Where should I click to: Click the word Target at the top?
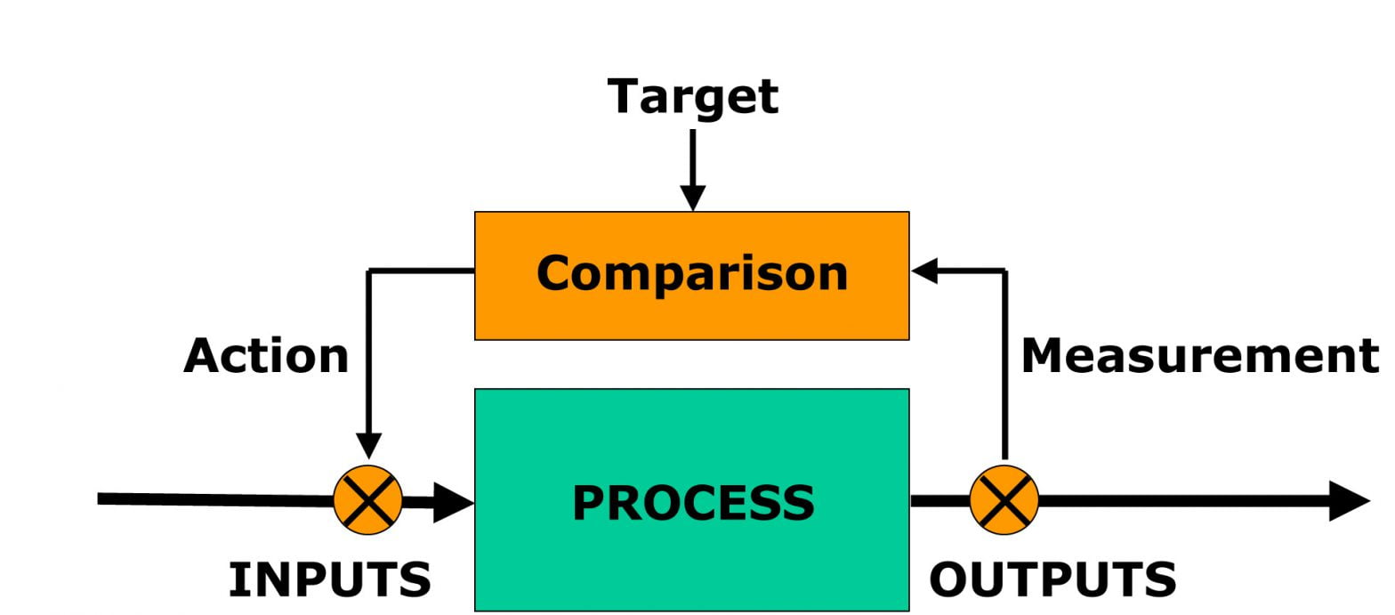click(x=692, y=96)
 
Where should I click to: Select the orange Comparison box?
click(x=691, y=276)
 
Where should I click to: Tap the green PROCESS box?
click(x=691, y=499)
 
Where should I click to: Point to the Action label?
click(x=266, y=356)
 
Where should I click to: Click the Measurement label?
click(x=1199, y=356)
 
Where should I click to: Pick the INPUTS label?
click(x=330, y=579)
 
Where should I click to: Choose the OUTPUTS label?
click(x=1052, y=579)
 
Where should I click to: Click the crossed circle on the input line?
click(x=368, y=499)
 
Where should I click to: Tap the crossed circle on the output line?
click(x=1004, y=499)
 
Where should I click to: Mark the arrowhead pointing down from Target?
click(x=692, y=198)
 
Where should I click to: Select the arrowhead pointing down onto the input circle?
click(x=368, y=445)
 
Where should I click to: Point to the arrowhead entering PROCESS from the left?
click(x=456, y=503)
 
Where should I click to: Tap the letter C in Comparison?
click(x=554, y=272)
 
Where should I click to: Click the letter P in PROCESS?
click(x=589, y=503)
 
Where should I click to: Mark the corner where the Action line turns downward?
click(x=369, y=271)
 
